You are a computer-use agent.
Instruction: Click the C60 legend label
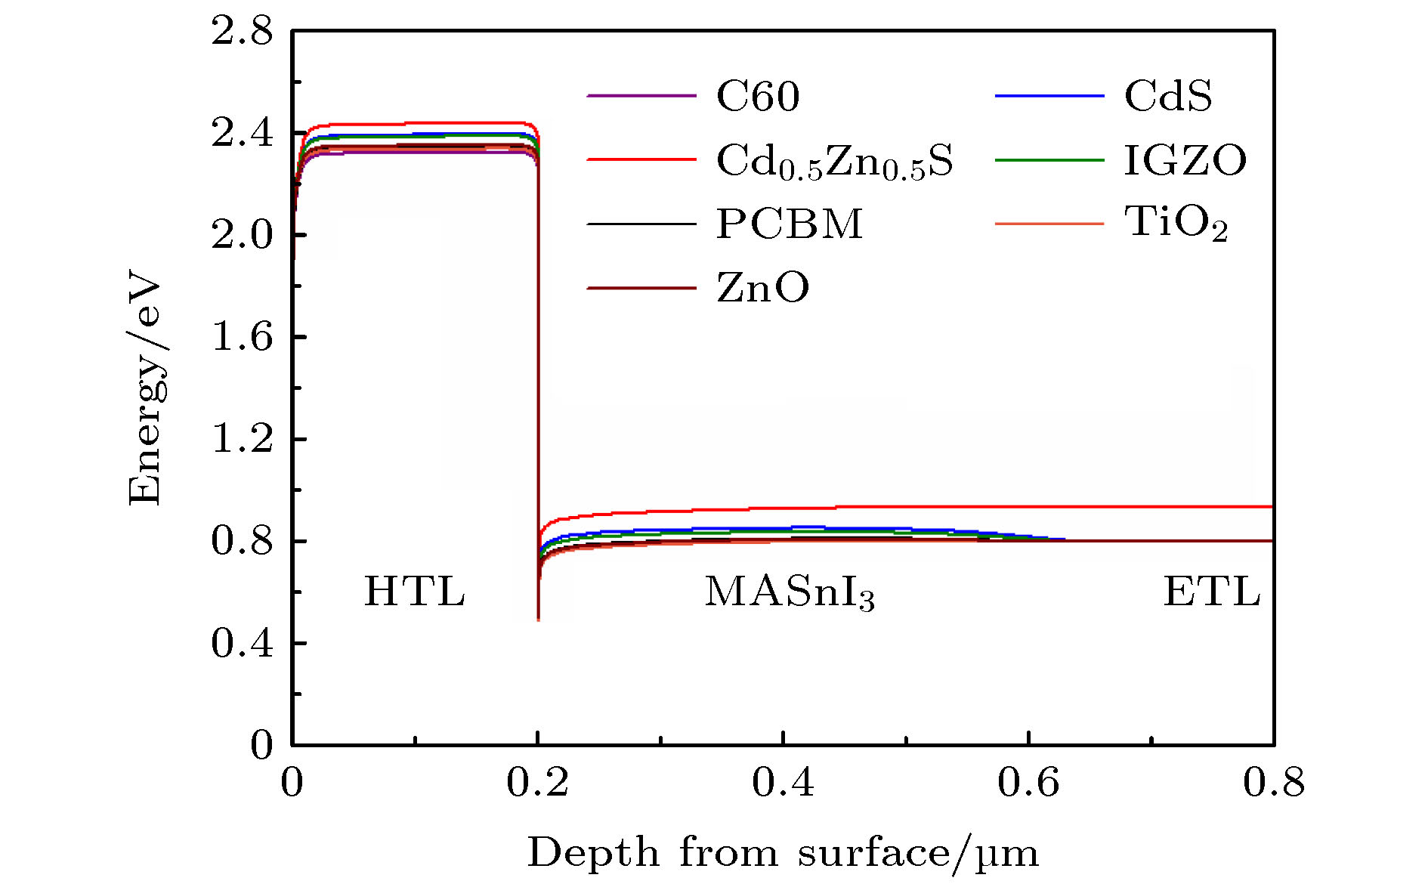pos(758,96)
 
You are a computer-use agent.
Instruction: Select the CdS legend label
pos(1168,96)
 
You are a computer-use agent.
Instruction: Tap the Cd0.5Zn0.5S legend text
pos(834,161)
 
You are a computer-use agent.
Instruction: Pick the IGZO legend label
pos(1185,160)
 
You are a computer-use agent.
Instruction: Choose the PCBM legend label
pos(790,224)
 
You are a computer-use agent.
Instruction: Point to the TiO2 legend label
pos(1176,224)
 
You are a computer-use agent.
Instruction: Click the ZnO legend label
pos(762,288)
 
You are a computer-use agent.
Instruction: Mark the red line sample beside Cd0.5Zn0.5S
pos(641,160)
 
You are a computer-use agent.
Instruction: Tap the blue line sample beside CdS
pos(1049,96)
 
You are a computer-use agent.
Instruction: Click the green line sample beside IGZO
pos(1049,160)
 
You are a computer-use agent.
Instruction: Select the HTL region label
pos(414,592)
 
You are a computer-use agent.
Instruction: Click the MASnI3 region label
pos(790,593)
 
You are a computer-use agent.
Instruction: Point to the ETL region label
pos(1212,592)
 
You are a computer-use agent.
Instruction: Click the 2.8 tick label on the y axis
pos(242,32)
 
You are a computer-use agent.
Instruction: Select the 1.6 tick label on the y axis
pos(242,337)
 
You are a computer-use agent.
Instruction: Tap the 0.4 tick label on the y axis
pos(242,643)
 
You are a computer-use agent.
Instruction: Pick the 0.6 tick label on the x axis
pos(1028,783)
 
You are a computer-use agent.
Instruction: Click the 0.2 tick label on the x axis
pos(537,783)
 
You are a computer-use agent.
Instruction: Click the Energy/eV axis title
pos(145,388)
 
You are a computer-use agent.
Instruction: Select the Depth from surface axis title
pos(783,854)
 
